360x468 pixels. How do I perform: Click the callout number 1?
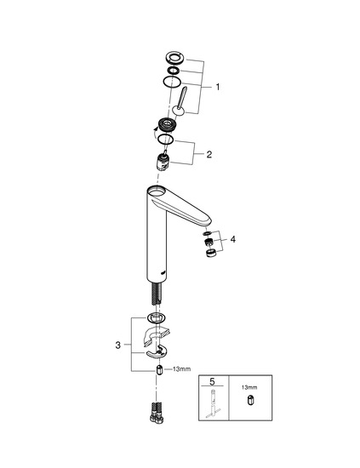[x=218, y=87]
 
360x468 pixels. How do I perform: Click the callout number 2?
[x=209, y=154]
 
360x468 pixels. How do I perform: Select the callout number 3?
[x=118, y=345]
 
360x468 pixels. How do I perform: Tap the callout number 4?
[x=233, y=239]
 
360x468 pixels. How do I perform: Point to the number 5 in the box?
[x=212, y=381]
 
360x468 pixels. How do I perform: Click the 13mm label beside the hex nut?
[x=181, y=369]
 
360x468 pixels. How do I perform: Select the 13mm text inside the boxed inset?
[x=249, y=387]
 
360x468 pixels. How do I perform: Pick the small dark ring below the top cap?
[x=173, y=71]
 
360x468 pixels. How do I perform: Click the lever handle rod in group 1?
[x=182, y=97]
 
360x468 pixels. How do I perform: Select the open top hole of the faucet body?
[x=157, y=191]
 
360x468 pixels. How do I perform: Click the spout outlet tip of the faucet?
[x=207, y=222]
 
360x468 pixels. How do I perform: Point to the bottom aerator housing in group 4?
[x=211, y=253]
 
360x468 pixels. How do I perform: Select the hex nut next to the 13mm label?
[x=160, y=369]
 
